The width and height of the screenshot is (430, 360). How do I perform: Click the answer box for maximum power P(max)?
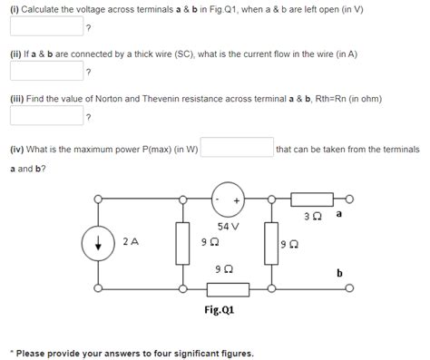[x=237, y=148]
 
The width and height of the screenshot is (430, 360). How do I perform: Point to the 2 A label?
[x=132, y=242]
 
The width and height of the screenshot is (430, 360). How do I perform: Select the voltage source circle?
[x=230, y=199]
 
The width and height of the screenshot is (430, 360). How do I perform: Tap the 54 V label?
[x=229, y=226]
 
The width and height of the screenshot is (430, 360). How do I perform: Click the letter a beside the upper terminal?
[x=338, y=214]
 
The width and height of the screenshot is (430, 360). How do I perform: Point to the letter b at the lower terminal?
[x=339, y=272]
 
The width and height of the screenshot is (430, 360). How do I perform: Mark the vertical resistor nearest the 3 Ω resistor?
[x=270, y=242]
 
